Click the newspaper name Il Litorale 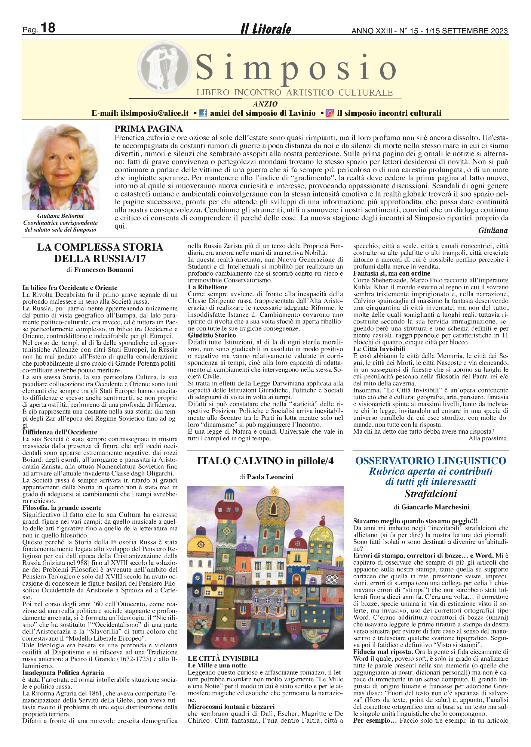coord(265,29)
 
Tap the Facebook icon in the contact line coord(203,113)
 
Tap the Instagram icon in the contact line coord(330,113)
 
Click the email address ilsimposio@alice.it coord(154,113)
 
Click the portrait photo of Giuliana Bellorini coord(61,167)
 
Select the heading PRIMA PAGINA coord(148,129)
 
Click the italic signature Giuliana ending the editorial coord(493,230)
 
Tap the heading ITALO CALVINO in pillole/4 coord(265,461)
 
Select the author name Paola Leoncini coord(270,477)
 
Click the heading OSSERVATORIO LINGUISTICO coord(431,461)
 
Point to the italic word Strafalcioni coord(431,494)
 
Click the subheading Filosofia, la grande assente coord(62,508)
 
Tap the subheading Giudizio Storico coord(212,335)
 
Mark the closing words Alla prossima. coord(488,438)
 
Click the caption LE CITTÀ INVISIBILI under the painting coord(223,658)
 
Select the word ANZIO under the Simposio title coord(265,104)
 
